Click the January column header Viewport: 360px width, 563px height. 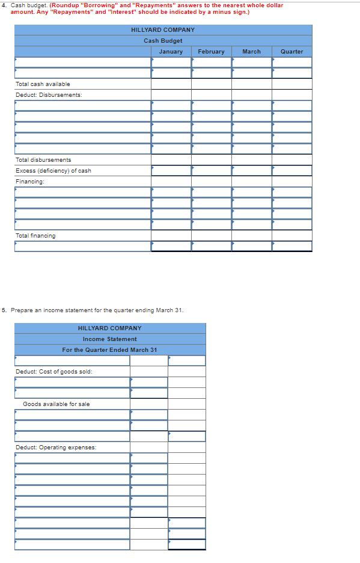pyautogui.click(x=171, y=52)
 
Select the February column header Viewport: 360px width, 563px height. pyautogui.click(x=211, y=52)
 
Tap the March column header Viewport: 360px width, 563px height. pyautogui.click(x=251, y=52)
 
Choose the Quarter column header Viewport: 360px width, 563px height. pyautogui.click(x=291, y=52)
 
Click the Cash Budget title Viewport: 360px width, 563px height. pyautogui.click(x=163, y=41)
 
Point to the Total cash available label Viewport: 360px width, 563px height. pyautogui.click(x=43, y=84)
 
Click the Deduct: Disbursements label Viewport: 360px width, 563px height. pyautogui.click(x=49, y=95)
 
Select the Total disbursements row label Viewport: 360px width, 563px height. pyautogui.click(x=43, y=160)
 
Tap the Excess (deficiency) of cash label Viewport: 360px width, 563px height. pyautogui.click(x=53, y=171)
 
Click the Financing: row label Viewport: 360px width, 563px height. pyautogui.click(x=30, y=182)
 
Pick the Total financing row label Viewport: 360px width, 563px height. pyautogui.click(x=35, y=236)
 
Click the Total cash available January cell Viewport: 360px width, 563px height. pyautogui.click(x=171, y=84)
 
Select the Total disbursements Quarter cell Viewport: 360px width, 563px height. pyautogui.click(x=291, y=160)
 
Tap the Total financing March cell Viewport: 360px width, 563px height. pyautogui.click(x=251, y=236)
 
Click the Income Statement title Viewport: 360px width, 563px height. pyautogui.click(x=110, y=339)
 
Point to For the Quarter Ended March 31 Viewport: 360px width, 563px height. pyautogui.click(x=110, y=350)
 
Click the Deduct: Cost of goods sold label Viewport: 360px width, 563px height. pyautogui.click(x=54, y=372)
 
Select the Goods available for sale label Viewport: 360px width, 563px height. pyautogui.click(x=56, y=404)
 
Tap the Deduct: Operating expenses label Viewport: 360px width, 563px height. pyautogui.click(x=56, y=448)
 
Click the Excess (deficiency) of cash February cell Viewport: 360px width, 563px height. pyautogui.click(x=211, y=171)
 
